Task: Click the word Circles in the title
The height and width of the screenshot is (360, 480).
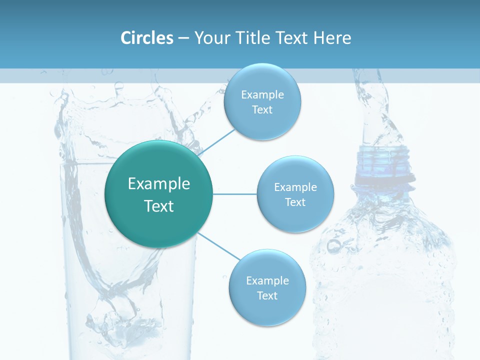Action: tap(146, 38)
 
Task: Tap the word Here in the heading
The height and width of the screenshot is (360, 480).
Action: tap(332, 38)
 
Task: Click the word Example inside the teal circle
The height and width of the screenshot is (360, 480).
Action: tap(159, 184)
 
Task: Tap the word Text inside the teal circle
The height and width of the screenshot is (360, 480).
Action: tap(159, 206)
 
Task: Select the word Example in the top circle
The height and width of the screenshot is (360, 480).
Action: tap(262, 95)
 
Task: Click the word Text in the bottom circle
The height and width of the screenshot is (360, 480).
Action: tap(267, 295)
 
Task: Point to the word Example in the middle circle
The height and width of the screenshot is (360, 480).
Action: tap(295, 187)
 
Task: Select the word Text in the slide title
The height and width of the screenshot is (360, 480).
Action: tap(293, 38)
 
